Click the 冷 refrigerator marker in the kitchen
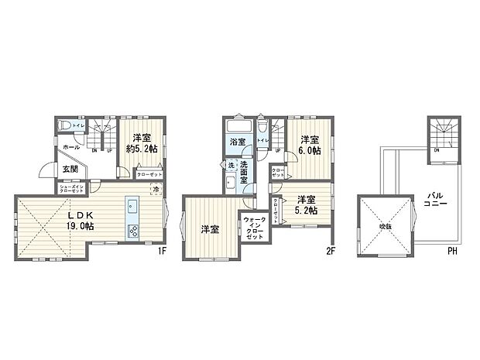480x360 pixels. pyautogui.click(x=156, y=190)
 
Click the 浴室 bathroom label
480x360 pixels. pyautogui.click(x=236, y=142)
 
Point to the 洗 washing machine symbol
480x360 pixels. pyautogui.click(x=231, y=165)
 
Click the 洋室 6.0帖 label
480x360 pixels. pyautogui.click(x=310, y=145)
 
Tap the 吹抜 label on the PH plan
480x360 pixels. pyautogui.click(x=385, y=226)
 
